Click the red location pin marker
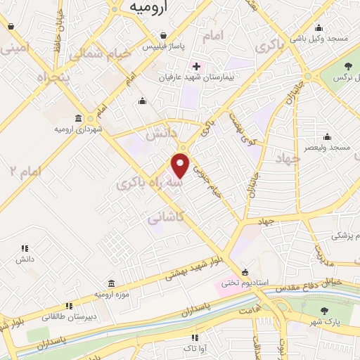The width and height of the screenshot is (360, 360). [x=181, y=166]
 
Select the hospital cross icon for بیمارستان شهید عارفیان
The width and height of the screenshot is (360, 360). [x=197, y=67]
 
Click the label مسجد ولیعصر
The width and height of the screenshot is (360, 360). [x=326, y=148]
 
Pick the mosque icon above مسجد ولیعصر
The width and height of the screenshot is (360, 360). [x=326, y=136]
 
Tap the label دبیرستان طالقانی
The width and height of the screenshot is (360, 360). [x=69, y=317]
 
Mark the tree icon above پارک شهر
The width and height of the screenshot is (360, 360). [x=323, y=311]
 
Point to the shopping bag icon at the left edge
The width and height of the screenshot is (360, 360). [x=11, y=27]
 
